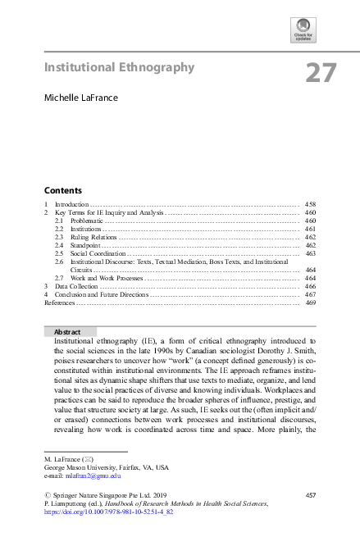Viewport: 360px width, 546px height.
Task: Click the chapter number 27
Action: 321,73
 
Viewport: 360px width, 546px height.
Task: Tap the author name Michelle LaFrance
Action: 81,98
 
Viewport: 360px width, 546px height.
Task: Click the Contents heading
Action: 62,189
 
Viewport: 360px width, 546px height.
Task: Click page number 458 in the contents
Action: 310,203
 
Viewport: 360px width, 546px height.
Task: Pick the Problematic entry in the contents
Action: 86,221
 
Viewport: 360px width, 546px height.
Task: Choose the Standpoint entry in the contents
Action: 85,245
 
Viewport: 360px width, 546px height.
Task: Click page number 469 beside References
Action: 310,303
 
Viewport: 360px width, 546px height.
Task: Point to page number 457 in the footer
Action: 310,495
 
